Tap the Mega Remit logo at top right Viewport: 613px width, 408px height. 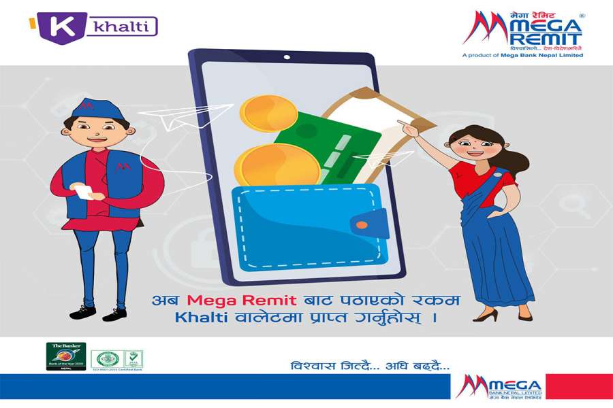click(x=522, y=31)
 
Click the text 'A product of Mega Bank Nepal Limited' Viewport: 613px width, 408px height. click(x=522, y=55)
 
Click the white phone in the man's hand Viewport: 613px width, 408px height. click(x=84, y=192)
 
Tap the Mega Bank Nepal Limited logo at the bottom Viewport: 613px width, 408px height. click(x=499, y=387)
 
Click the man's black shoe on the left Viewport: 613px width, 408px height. click(x=82, y=312)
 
